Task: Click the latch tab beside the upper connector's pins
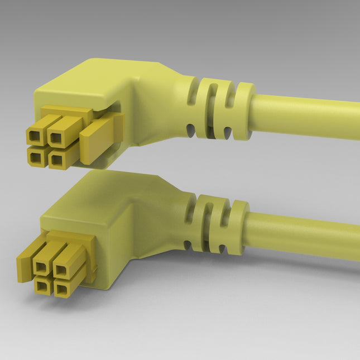[100, 140]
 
